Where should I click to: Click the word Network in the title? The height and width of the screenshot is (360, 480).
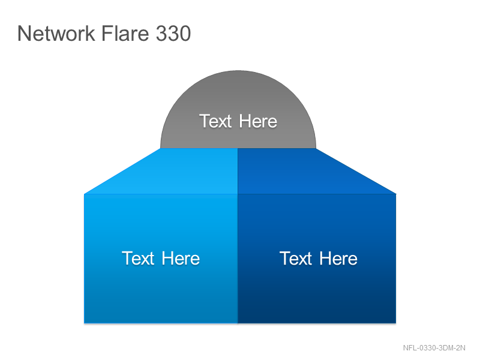pyautogui.click(x=56, y=34)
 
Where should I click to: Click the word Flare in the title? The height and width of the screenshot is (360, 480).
pyautogui.click(x=125, y=33)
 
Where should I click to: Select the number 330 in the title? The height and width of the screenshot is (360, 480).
pyautogui.click(x=173, y=34)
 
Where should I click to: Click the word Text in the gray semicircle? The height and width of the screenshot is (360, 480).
pyautogui.click(x=215, y=121)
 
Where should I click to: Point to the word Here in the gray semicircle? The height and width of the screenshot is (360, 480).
pyautogui.click(x=258, y=121)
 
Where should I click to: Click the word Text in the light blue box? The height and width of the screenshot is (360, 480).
pyautogui.click(x=138, y=258)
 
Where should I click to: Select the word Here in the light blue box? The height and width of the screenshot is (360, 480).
pyautogui.click(x=181, y=258)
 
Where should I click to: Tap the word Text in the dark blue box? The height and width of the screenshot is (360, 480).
pyautogui.click(x=296, y=258)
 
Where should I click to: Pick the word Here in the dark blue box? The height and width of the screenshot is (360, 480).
pyautogui.click(x=338, y=258)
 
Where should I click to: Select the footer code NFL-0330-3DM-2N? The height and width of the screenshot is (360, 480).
pyautogui.click(x=434, y=348)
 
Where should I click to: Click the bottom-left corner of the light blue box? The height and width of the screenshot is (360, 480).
pyautogui.click(x=84, y=323)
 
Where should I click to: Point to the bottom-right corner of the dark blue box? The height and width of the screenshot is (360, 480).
pyautogui.click(x=396, y=323)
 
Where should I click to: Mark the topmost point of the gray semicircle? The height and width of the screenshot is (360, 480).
pyautogui.click(x=238, y=71)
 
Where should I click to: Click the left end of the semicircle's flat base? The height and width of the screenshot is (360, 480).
pyautogui.click(x=160, y=148)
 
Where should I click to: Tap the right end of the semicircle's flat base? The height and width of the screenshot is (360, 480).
pyautogui.click(x=316, y=148)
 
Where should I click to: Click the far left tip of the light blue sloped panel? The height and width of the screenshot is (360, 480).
pyautogui.click(x=84, y=194)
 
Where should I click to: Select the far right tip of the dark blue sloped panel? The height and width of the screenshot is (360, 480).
pyautogui.click(x=396, y=194)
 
